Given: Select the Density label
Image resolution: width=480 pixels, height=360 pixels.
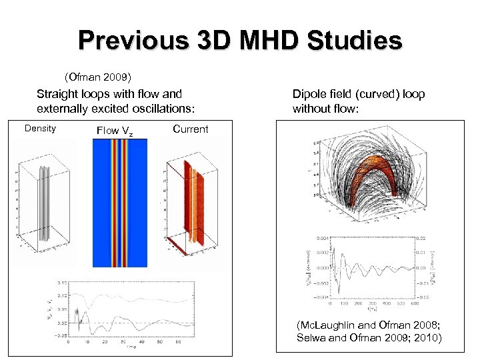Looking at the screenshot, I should (40, 128).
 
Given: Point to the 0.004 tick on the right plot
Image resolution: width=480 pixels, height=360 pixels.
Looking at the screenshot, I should (322, 238).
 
